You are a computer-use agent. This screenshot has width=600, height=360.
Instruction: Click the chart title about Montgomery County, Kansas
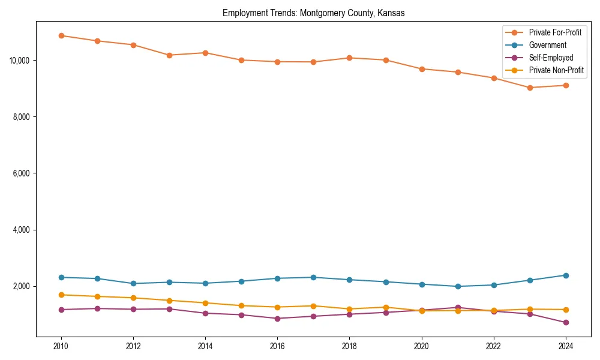(313, 13)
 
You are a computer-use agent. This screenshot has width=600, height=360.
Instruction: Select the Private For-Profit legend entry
(555, 32)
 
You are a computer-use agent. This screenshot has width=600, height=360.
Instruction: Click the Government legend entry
(547, 45)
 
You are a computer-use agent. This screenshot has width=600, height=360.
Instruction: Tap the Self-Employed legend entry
(551, 58)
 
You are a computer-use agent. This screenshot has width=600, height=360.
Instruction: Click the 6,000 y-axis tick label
(22, 173)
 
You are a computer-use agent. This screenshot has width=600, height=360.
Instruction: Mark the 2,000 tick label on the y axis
(22, 286)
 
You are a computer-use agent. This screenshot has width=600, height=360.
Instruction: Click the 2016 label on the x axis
(277, 346)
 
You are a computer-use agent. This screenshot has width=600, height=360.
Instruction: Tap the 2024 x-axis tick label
(566, 346)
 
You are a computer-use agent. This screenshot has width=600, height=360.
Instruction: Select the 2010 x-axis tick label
(61, 346)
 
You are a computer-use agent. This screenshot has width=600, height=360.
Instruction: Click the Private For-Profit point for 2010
(61, 35)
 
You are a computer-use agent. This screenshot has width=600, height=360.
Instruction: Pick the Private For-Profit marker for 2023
(530, 88)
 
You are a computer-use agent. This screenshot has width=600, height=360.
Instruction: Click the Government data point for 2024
(566, 275)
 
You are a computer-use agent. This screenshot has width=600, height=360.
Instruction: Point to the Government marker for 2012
(133, 283)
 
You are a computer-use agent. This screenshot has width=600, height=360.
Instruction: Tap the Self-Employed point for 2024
(566, 323)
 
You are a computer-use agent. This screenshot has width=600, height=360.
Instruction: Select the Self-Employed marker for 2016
(277, 319)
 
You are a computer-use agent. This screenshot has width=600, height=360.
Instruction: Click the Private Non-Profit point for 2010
(61, 295)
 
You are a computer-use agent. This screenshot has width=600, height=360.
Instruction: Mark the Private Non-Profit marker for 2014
(205, 303)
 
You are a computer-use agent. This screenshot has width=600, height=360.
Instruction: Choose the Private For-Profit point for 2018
(349, 58)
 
